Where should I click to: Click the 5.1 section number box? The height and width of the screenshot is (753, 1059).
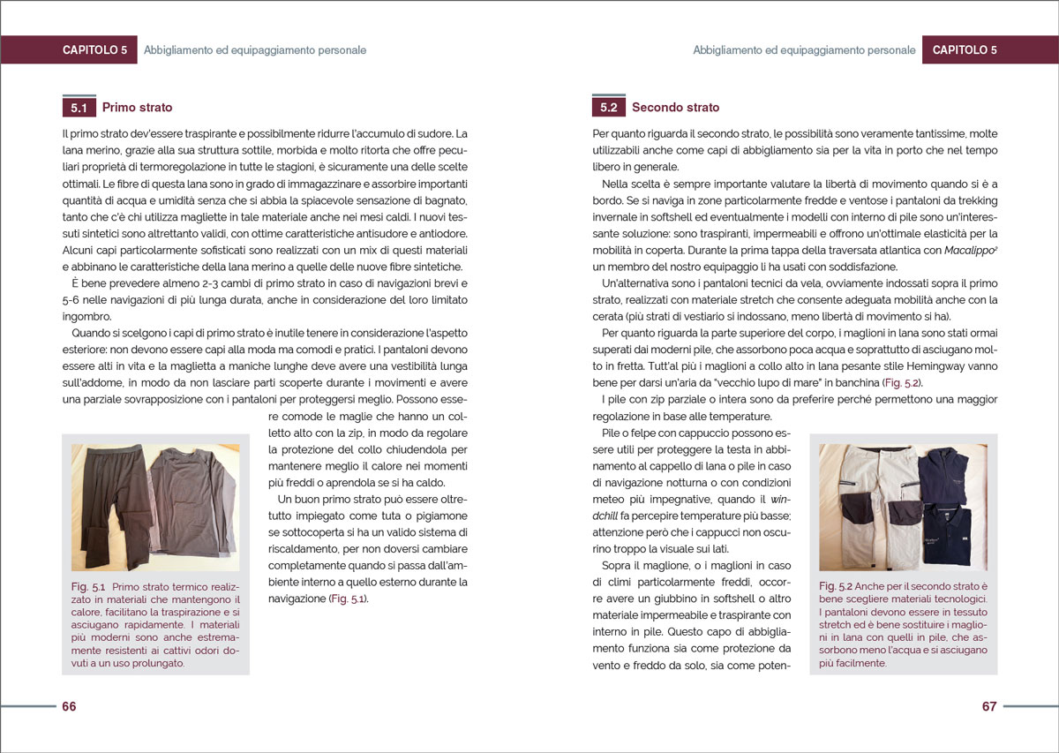click(79, 108)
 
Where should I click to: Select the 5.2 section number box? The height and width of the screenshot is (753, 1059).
click(608, 108)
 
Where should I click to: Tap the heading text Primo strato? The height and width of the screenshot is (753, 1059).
click(137, 108)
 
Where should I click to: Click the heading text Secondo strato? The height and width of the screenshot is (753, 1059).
click(675, 108)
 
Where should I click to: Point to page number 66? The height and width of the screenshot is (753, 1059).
click(69, 706)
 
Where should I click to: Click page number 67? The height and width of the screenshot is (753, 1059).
click(988, 706)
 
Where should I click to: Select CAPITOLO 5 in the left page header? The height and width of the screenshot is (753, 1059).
click(94, 50)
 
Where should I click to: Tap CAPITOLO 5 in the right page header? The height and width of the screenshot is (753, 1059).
click(964, 50)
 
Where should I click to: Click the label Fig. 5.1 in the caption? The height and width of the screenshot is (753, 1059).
click(88, 587)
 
